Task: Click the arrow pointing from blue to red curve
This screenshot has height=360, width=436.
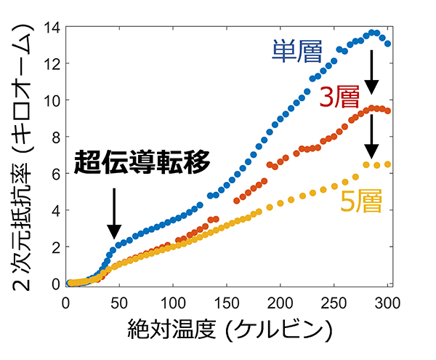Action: click(371, 72)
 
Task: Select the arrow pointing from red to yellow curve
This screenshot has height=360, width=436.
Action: click(371, 137)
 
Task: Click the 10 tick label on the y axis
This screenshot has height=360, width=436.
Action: click(51, 100)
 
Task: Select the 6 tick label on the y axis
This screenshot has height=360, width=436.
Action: click(55, 174)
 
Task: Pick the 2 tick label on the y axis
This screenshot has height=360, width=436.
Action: click(55, 247)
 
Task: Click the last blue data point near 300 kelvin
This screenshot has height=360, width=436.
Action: click(387, 44)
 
